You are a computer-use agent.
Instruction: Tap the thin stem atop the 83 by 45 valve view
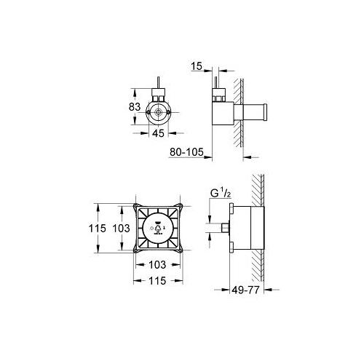coord(158,81)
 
